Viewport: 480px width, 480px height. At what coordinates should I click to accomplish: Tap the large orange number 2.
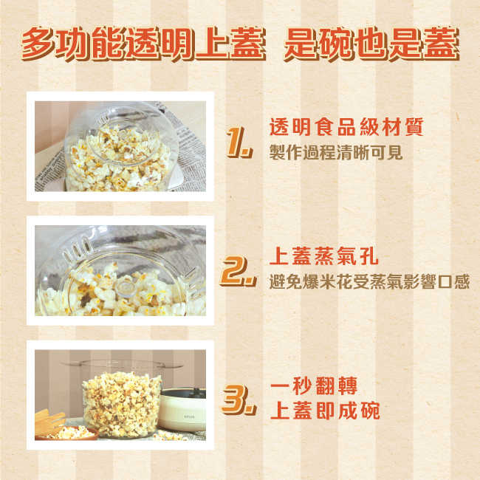237,272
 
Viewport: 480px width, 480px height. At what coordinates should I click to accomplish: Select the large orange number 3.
237,400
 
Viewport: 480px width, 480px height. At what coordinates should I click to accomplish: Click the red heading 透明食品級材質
346,127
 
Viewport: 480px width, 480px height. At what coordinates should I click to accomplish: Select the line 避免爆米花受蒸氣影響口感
369,283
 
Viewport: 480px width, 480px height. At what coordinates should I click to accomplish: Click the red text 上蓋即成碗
325,411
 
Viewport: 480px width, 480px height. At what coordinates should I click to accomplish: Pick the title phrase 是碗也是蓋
371,46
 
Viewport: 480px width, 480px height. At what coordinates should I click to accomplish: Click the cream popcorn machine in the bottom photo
185,410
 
